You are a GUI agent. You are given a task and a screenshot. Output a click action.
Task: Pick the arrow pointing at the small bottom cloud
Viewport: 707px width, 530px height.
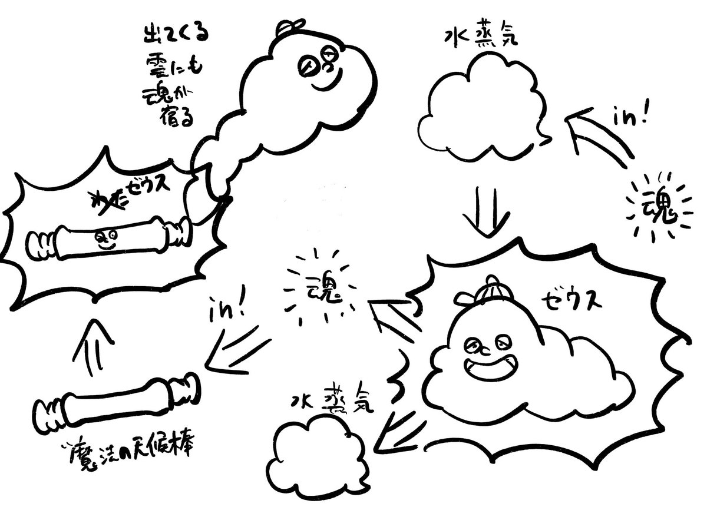pyautogui.click(x=398, y=427)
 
